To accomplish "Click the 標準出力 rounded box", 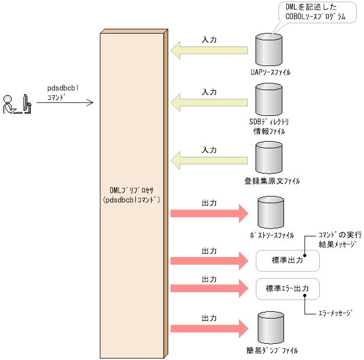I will (x=287, y=260).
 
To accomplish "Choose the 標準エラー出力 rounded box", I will (x=287, y=289).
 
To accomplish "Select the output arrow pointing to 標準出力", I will (x=210, y=260).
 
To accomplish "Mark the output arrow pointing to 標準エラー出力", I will (x=210, y=288).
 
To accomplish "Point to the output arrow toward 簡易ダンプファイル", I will (x=210, y=328).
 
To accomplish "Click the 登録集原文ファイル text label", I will (x=272, y=181).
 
